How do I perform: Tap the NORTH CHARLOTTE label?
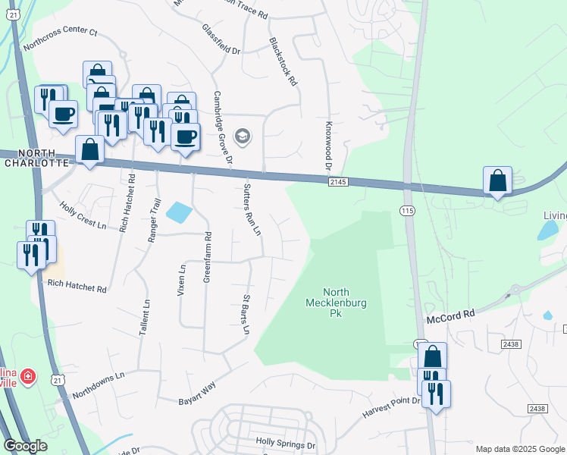click(37, 158)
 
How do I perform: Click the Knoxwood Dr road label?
click(329, 145)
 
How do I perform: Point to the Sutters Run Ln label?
click(252, 209)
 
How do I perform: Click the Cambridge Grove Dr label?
click(222, 127)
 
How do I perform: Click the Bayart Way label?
click(197, 393)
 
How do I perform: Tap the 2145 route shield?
click(338, 182)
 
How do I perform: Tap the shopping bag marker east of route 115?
click(497, 181)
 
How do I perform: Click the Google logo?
click(26, 446)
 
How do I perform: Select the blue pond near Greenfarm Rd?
click(178, 212)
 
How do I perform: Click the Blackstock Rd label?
click(283, 62)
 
